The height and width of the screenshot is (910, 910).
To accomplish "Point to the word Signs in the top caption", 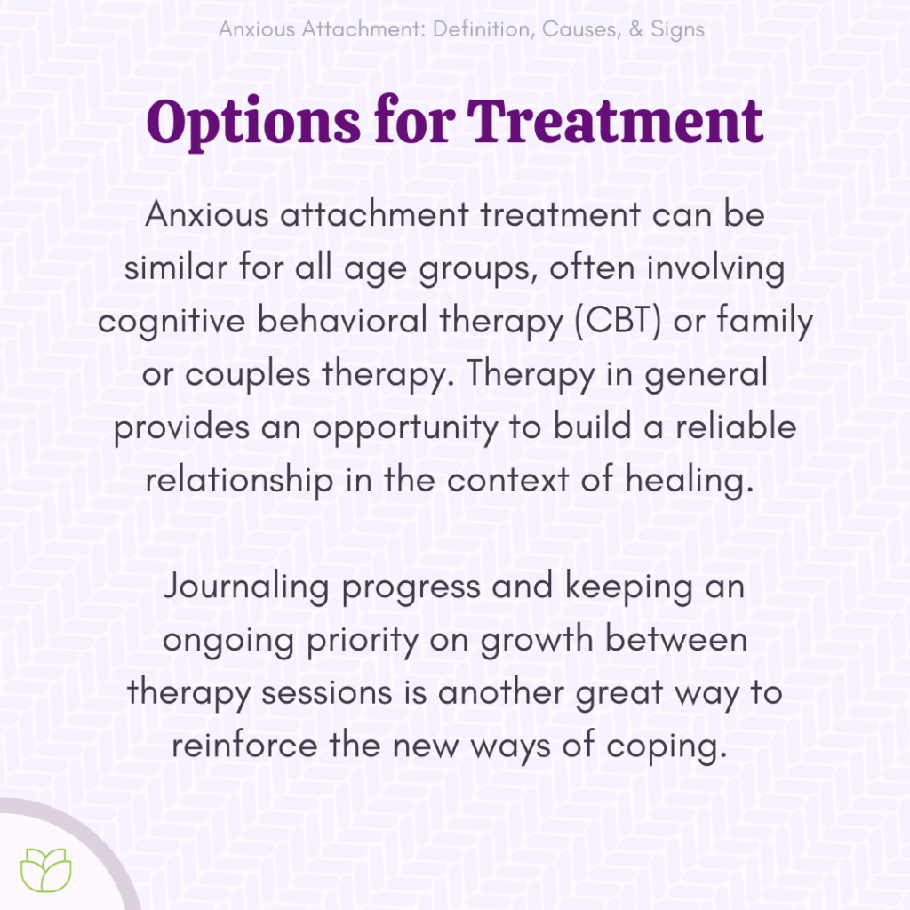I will (678, 29).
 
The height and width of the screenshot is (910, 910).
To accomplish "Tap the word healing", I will (689, 480).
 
